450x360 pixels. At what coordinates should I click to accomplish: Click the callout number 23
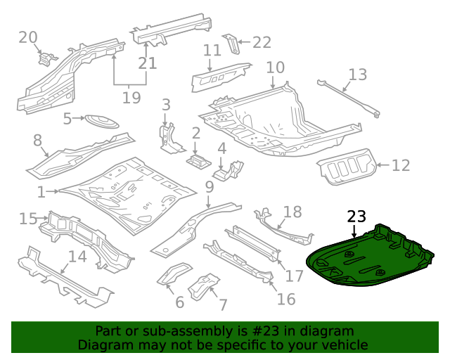(357, 217)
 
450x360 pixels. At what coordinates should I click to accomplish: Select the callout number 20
(28, 37)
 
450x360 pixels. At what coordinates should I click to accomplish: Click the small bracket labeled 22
(230, 44)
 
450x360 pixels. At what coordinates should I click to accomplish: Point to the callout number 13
(357, 75)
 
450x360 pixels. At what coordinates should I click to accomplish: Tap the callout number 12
(400, 166)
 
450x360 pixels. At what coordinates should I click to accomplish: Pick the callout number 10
(275, 68)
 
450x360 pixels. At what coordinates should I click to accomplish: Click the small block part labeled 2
(198, 160)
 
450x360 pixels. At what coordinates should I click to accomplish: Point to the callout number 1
(41, 191)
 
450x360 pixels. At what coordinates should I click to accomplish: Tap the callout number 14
(77, 257)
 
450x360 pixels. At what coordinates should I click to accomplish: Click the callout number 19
(131, 97)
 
